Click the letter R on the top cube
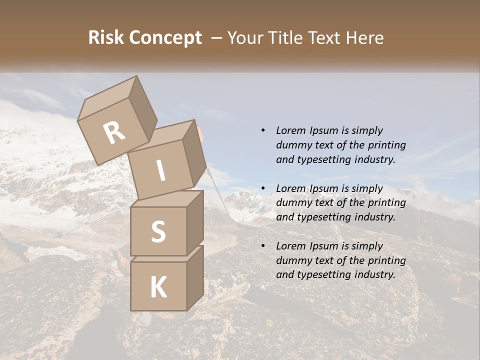[x=114, y=133]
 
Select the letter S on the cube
[x=158, y=231]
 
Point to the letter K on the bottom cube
[x=158, y=287]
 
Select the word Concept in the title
[x=165, y=38]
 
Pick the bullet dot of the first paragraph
[x=263, y=130]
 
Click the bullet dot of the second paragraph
[x=263, y=188]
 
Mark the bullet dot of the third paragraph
[x=263, y=246]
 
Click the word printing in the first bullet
[x=386, y=145]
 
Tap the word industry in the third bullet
[x=375, y=274]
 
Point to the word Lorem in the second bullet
[x=290, y=188]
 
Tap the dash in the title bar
[x=216, y=37]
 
